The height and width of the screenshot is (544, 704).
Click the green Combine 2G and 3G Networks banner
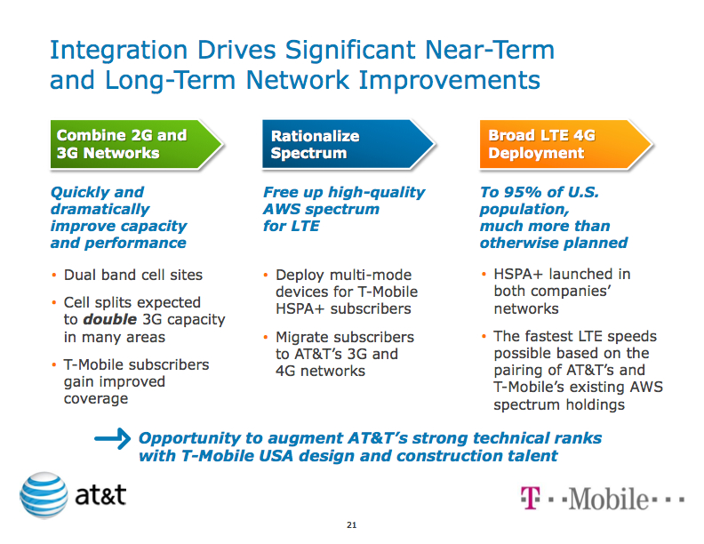coord(133,144)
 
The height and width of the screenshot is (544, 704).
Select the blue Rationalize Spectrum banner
coord(347,144)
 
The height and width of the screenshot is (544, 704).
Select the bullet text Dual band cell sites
coord(132,275)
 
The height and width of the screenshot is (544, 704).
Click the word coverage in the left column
coord(96,398)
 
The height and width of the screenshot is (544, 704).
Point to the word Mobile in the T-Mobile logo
coord(609,499)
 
